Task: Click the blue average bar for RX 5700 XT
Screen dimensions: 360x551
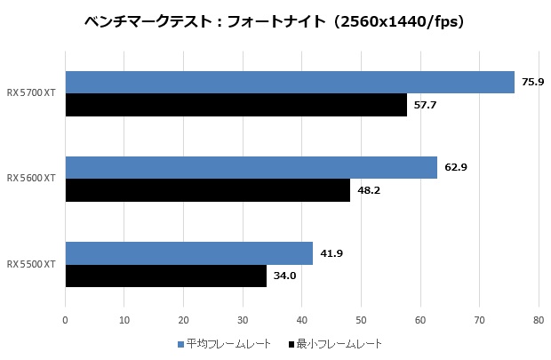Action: point(290,82)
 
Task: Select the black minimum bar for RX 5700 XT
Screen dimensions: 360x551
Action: point(236,105)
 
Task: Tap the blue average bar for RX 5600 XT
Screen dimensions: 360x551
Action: point(252,167)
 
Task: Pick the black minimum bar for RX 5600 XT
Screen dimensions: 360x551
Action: point(208,190)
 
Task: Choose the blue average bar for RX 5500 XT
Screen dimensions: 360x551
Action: point(189,253)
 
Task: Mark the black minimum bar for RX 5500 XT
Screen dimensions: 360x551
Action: point(166,276)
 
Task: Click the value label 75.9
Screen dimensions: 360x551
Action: point(533,82)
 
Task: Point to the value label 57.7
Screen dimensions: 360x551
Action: point(425,105)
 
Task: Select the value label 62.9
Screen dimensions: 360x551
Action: point(456,167)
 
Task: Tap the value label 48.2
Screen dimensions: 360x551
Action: point(369,190)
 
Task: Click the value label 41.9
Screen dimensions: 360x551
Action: point(331,253)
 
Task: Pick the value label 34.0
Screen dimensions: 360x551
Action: point(284,276)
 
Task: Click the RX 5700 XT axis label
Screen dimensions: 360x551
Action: point(31,92)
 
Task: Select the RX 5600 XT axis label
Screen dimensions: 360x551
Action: point(31,179)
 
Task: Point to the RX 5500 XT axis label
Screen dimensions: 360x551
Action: point(31,264)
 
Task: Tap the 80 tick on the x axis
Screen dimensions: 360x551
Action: point(539,318)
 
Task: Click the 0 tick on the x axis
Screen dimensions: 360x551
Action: point(66,318)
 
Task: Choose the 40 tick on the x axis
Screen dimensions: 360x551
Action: point(302,318)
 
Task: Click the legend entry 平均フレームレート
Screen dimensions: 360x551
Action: point(228,344)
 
